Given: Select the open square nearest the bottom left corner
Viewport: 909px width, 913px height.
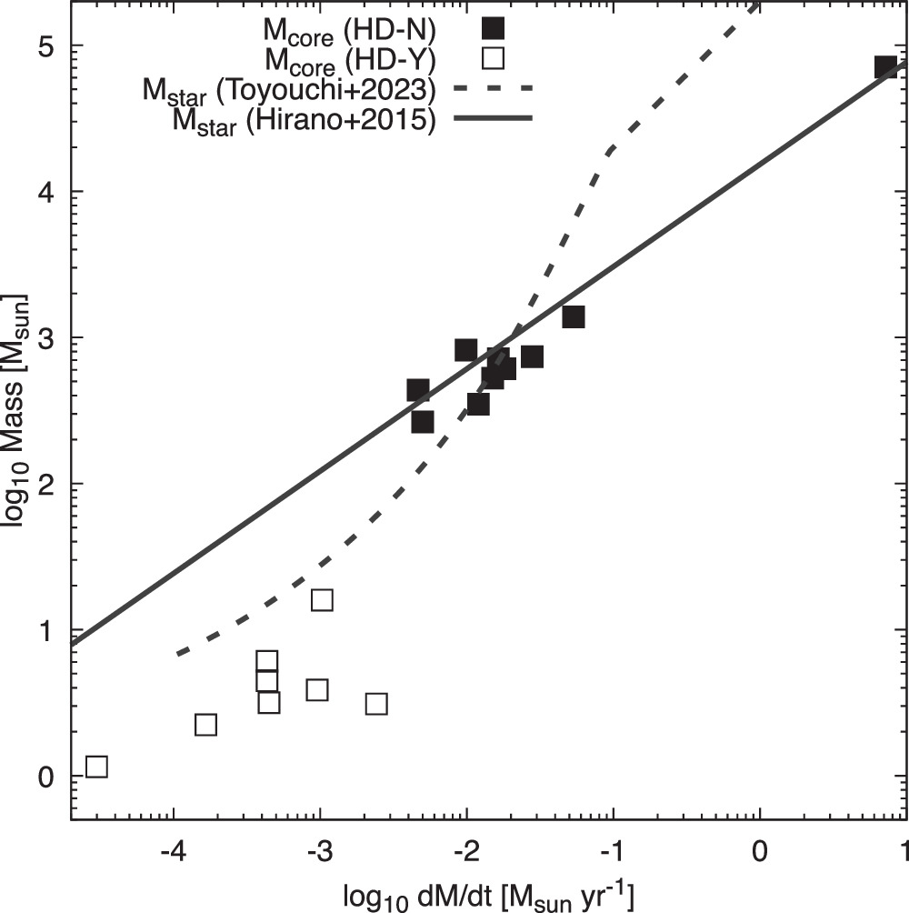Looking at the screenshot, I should coord(96,767).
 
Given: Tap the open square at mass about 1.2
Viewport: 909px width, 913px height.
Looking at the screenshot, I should coord(322,600).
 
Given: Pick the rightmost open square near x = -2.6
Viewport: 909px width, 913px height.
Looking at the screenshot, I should coord(376,704).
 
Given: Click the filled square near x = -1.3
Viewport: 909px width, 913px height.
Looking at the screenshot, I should coord(573,316).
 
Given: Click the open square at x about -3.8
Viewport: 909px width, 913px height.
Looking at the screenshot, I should coord(205,725).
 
